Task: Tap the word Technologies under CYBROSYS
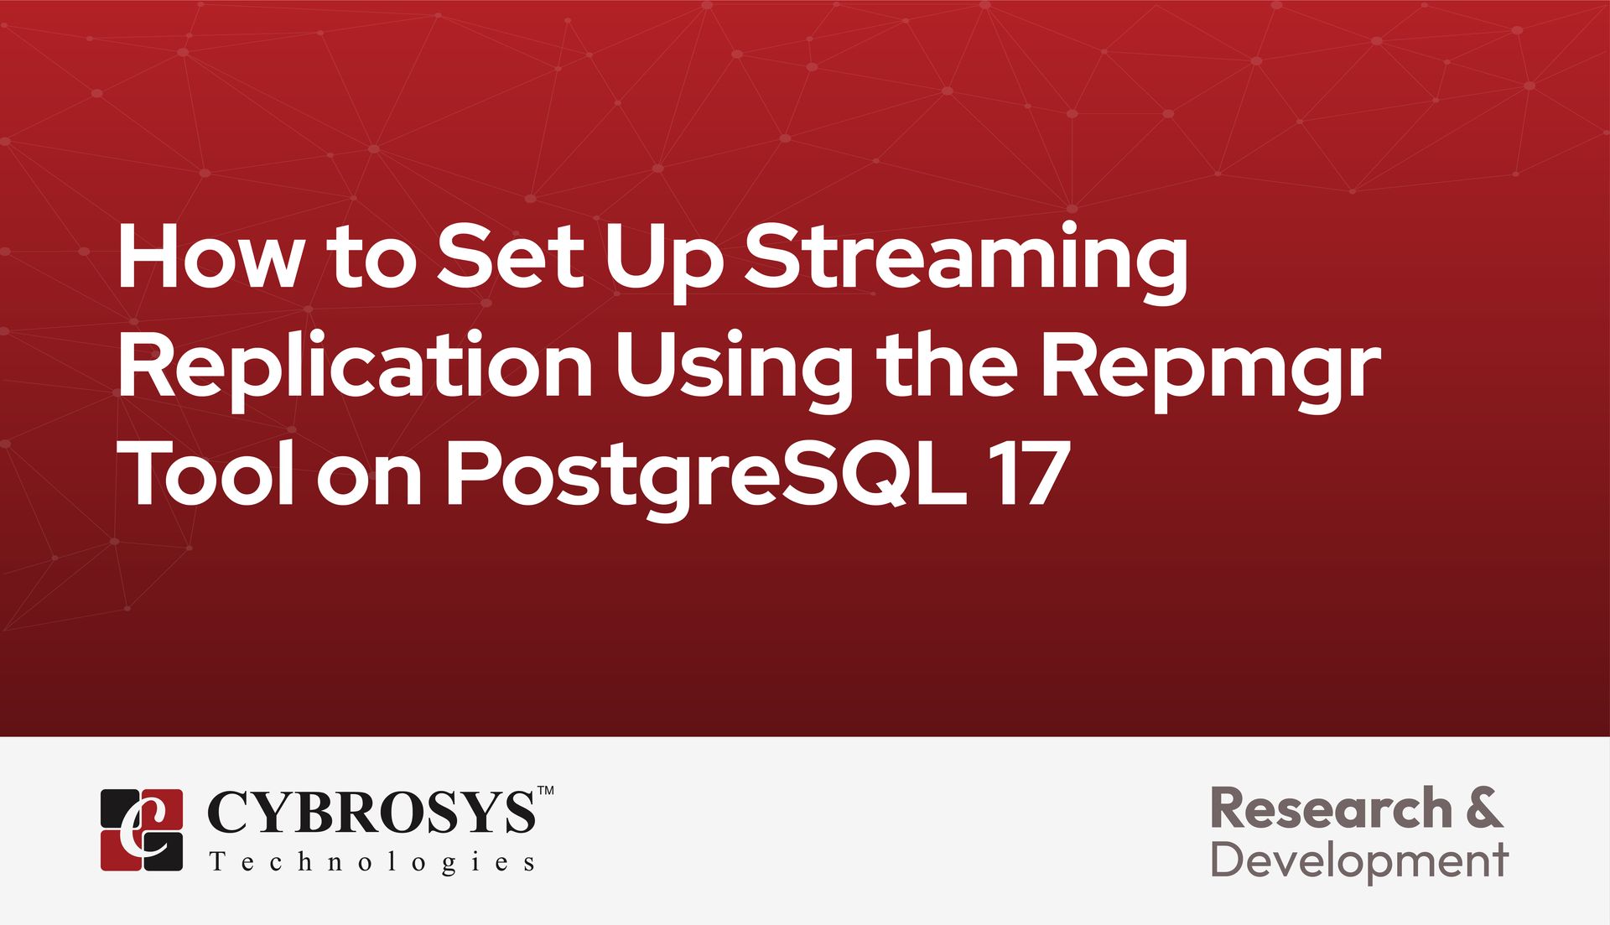(372, 863)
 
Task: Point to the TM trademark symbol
(545, 791)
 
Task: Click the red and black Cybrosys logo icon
(142, 829)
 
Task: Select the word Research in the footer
(1331, 808)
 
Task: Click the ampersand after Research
(1485, 808)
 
